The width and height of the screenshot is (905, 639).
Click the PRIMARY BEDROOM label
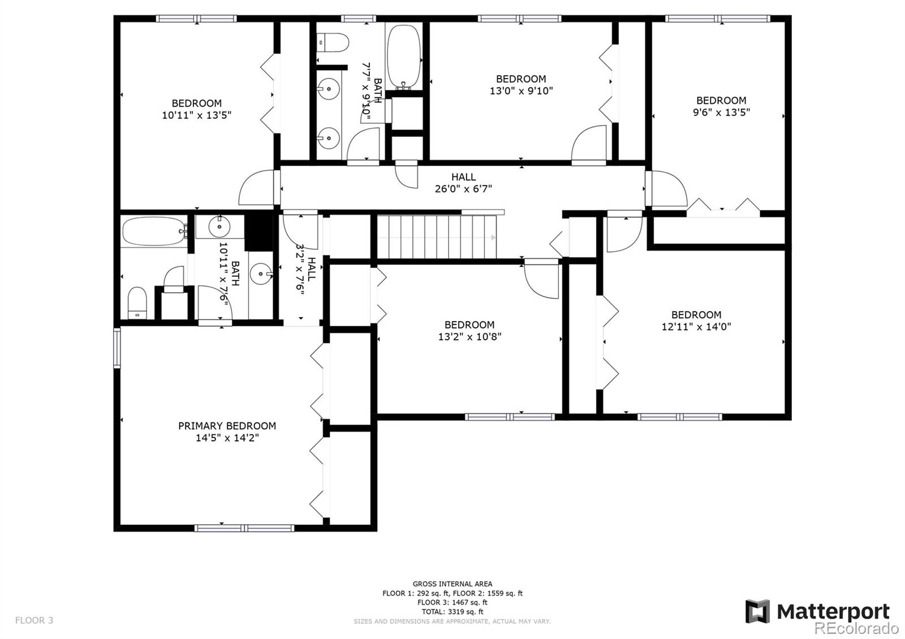tap(227, 426)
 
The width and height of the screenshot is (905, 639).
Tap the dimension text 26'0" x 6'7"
tap(463, 189)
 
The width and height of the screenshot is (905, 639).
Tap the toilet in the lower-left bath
tap(137, 303)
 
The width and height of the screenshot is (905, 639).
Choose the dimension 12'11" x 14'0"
tap(696, 326)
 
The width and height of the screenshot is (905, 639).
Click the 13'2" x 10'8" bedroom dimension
tap(469, 336)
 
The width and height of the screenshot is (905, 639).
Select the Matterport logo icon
tap(757, 612)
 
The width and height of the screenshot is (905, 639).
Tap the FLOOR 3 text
tap(34, 620)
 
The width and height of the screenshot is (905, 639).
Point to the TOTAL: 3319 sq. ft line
tap(452, 612)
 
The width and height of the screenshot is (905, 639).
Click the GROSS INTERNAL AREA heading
tap(452, 584)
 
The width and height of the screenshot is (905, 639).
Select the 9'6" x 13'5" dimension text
tap(721, 112)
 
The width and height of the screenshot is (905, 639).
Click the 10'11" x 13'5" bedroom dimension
tap(196, 115)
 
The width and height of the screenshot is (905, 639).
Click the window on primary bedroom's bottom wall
tap(244, 528)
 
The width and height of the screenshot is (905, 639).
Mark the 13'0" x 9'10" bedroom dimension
tap(521, 90)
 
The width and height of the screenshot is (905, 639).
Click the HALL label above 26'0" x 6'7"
tap(463, 177)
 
